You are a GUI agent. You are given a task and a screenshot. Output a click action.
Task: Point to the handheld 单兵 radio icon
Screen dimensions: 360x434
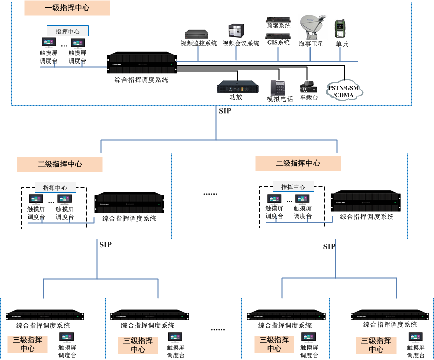click(x=339, y=28)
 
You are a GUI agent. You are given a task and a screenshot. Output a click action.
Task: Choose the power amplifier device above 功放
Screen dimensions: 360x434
click(x=236, y=86)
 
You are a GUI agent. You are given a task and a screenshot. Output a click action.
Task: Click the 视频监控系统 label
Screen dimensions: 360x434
click(x=199, y=43)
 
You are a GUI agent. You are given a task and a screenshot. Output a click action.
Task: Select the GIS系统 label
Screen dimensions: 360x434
click(x=279, y=42)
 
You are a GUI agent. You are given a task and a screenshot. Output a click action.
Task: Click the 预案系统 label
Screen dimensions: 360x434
click(x=279, y=25)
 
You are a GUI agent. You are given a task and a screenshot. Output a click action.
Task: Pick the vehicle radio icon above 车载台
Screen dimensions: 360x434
click(x=308, y=87)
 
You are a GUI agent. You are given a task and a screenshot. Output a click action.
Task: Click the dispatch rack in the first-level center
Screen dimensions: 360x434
click(x=142, y=64)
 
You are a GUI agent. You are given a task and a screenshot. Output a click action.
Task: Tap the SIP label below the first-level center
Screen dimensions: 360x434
click(x=225, y=111)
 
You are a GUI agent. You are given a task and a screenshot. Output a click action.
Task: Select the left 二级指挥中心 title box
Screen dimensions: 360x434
click(x=59, y=164)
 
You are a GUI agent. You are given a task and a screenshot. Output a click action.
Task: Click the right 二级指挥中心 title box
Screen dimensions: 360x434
click(x=297, y=163)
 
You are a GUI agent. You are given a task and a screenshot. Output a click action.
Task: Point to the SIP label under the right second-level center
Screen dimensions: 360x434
click(x=329, y=247)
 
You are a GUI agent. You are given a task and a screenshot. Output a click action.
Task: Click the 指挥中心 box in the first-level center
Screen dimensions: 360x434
click(x=68, y=31)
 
